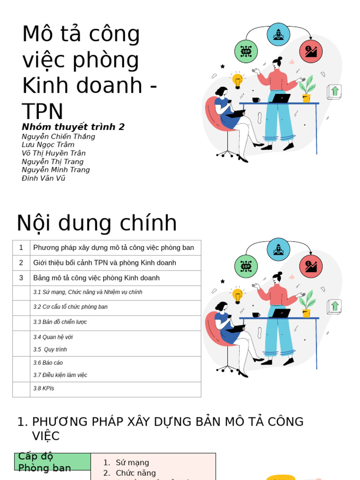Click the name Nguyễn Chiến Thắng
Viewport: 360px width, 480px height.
(58, 136)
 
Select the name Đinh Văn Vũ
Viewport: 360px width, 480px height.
(44, 178)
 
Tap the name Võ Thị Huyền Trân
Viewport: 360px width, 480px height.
(53, 153)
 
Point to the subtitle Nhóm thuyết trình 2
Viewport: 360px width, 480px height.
(73, 127)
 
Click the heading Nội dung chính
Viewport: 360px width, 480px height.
(97, 223)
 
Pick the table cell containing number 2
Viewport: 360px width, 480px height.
(21, 263)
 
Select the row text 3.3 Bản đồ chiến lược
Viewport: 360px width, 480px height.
(60, 322)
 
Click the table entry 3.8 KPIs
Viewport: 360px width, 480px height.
(44, 389)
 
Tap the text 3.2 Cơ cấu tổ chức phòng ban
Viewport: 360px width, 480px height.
(70, 307)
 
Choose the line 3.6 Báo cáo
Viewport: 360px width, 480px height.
(48, 363)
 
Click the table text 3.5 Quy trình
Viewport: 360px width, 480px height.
(50, 350)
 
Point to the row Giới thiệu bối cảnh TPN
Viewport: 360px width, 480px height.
(105, 263)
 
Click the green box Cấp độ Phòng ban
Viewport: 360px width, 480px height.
(52, 462)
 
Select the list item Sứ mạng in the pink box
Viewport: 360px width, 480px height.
(132, 463)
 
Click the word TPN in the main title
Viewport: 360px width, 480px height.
(43, 112)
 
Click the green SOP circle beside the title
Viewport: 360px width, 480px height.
(246, 52)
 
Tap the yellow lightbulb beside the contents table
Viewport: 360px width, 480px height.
(238, 295)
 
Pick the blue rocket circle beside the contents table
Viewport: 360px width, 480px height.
(278, 249)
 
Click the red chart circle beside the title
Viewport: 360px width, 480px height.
(311, 52)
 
